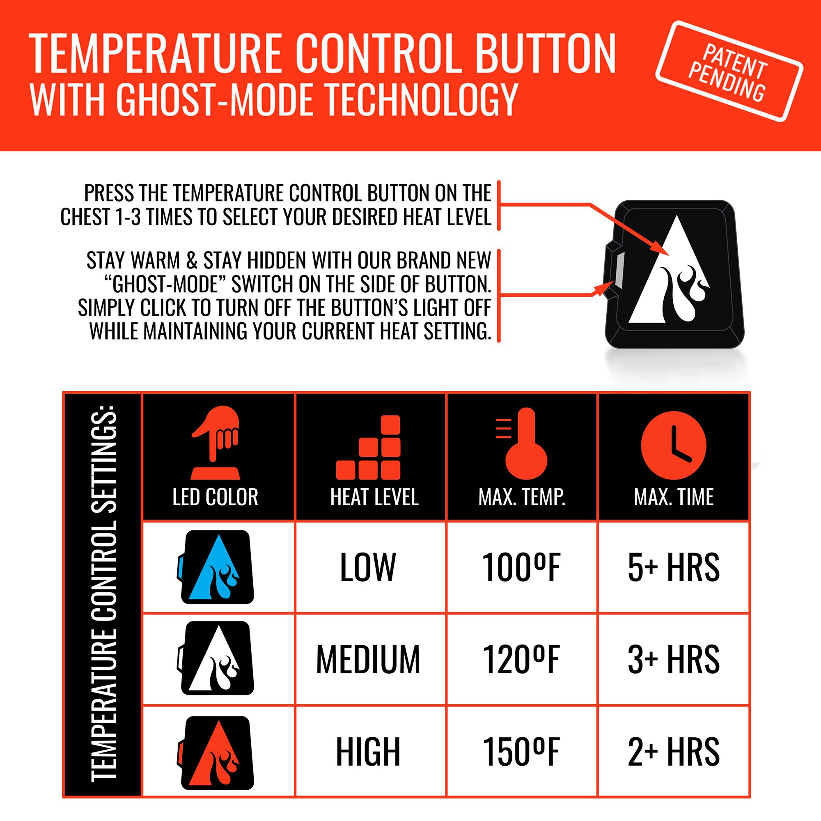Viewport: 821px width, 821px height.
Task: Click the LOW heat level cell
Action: click(368, 567)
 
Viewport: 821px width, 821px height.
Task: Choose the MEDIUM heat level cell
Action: click(368, 660)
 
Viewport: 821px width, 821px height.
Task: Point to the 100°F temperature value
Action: click(521, 567)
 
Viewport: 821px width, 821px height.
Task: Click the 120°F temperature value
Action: click(521, 660)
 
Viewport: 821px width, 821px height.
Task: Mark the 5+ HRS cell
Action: click(674, 567)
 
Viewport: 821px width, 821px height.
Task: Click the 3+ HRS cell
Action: click(674, 660)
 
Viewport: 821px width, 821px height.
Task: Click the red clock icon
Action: click(674, 445)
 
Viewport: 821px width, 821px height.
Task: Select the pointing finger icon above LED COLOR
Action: click(216, 442)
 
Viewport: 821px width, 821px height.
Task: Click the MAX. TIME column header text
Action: click(674, 497)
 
